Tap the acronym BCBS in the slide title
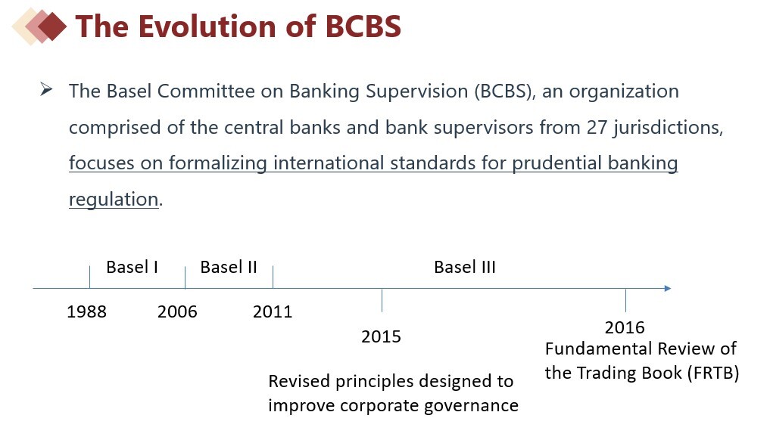coord(363,26)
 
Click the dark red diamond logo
coord(51,26)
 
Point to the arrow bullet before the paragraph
coord(46,89)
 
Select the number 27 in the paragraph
coord(597,128)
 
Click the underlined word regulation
coord(114,200)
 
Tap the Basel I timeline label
coord(132,267)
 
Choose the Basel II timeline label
coord(229,267)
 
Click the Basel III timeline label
coord(465,267)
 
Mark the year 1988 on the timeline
coord(86,311)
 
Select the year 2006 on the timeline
coord(177,311)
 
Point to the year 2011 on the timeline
coord(273,311)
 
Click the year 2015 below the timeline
coord(381,336)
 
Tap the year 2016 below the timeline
coord(625,327)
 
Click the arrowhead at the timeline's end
coord(667,289)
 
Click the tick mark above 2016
coord(625,300)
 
